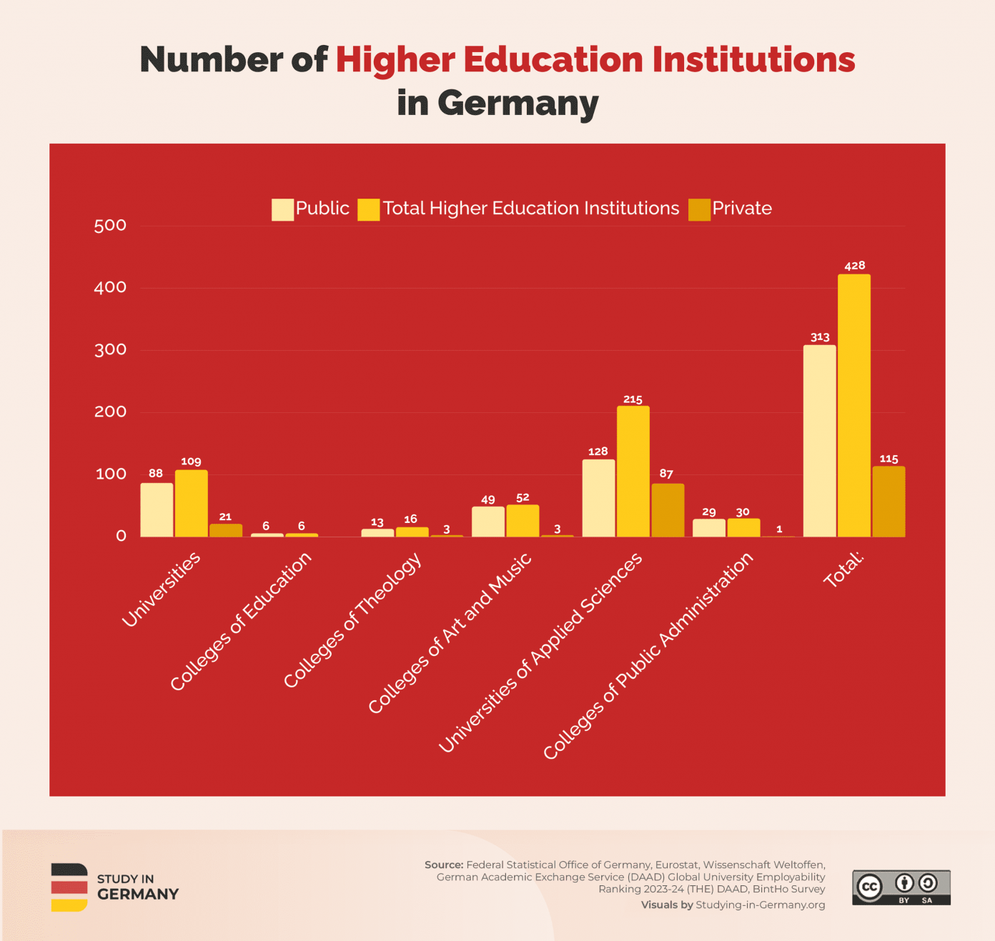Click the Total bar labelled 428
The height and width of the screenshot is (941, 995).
[x=854, y=405]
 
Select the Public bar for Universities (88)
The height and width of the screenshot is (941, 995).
[x=157, y=509]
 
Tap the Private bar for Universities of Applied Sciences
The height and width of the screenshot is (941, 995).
[x=668, y=510]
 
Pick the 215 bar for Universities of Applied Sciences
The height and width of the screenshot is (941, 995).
[x=633, y=471]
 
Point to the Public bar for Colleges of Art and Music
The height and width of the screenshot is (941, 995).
[x=488, y=522]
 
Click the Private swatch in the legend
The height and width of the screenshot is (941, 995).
[x=699, y=209]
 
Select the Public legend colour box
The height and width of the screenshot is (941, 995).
[x=282, y=209]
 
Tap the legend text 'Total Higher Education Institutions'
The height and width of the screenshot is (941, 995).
[x=530, y=209]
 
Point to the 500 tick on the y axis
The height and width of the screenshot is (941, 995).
[x=110, y=226]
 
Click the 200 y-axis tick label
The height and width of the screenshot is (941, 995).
[x=110, y=412]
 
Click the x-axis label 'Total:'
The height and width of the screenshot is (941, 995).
[x=844, y=569]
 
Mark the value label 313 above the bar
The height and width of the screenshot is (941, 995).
[x=820, y=337]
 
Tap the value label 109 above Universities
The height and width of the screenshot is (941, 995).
[x=191, y=462]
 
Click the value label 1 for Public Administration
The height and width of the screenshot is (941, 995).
[x=779, y=529]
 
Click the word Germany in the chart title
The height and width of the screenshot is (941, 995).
[x=518, y=103]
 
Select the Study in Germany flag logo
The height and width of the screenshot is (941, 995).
[x=69, y=887]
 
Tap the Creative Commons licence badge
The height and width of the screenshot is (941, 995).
[x=901, y=887]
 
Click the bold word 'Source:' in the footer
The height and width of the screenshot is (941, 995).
[x=443, y=865]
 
